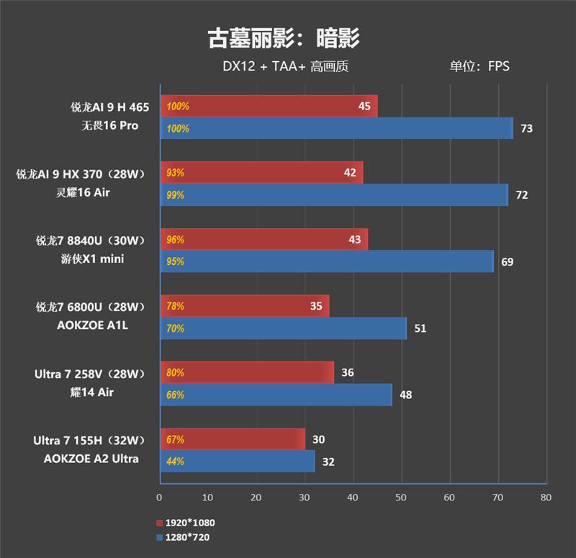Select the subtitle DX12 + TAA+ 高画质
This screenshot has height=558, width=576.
coord(285,67)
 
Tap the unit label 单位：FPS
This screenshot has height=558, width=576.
coord(479,67)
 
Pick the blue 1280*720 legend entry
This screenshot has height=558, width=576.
coord(183,536)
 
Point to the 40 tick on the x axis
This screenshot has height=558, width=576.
coord(352,498)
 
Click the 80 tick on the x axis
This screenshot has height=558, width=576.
coord(545,498)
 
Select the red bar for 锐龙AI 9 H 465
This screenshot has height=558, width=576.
coord(268,107)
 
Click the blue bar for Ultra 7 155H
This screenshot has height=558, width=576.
coord(237,462)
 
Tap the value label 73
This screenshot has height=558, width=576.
coord(526,129)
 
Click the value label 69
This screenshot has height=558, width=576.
coord(507,262)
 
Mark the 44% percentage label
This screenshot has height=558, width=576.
coord(175,462)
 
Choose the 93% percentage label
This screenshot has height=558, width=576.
coord(175,173)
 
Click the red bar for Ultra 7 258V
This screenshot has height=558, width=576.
coord(246,373)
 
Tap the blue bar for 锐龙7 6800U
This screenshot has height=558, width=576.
coord(283,328)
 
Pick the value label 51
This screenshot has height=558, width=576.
coord(420,329)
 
